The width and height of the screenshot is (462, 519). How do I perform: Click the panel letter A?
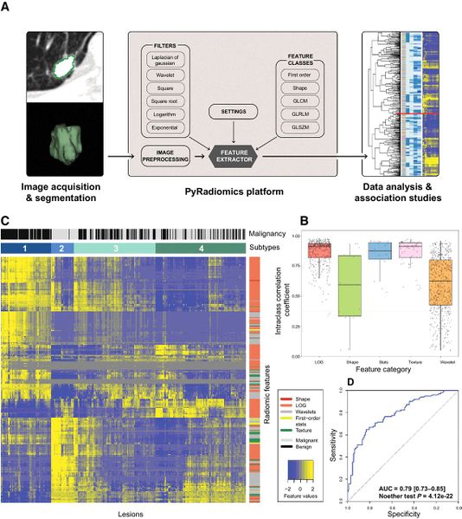[7, 9]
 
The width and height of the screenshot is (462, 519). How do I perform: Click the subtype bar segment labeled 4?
[201, 249]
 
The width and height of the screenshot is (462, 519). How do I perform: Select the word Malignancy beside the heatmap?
[271, 233]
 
